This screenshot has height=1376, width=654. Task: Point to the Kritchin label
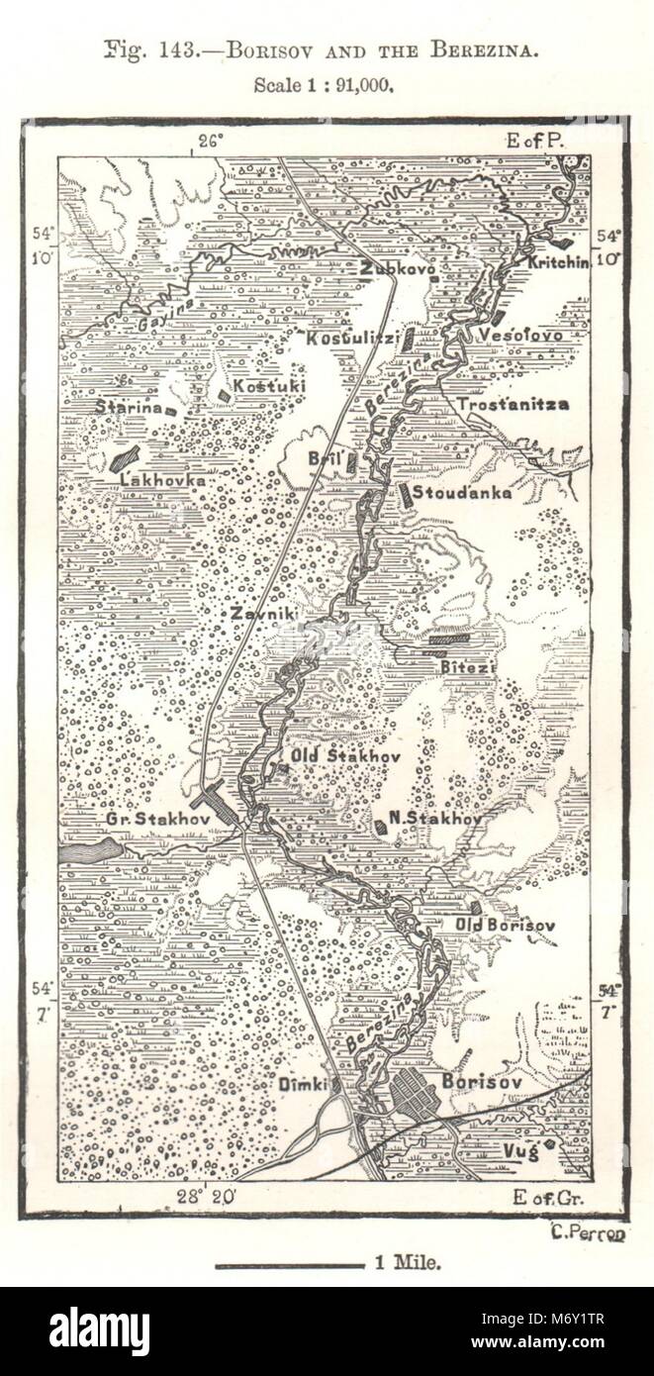point(558,262)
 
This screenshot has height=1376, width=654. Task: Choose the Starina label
point(130,406)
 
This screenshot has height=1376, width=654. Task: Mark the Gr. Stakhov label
point(148,819)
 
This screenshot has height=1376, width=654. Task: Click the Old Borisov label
point(505,926)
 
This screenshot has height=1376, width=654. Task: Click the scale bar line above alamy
point(290,1264)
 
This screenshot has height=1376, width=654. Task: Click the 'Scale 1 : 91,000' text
point(325,85)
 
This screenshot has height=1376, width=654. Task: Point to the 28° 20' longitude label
point(205,1196)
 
